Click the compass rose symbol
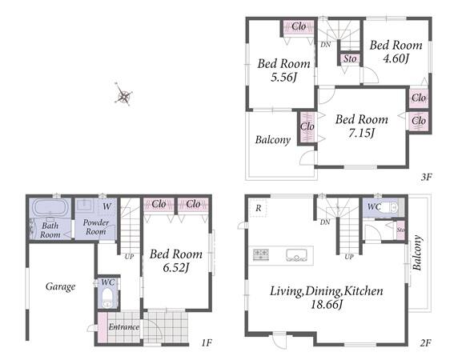click(123, 94)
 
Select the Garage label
click(61, 286)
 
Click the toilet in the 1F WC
click(107, 298)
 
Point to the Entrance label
click(124, 326)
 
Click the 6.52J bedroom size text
click(176, 268)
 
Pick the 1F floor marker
click(207, 342)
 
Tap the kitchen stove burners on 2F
click(261, 254)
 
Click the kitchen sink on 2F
click(296, 254)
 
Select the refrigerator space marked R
click(258, 208)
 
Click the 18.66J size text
click(326, 305)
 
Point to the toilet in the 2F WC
click(390, 207)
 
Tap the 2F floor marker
click(426, 342)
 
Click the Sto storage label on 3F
click(350, 59)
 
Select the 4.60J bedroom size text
click(396, 58)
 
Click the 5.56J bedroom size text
click(283, 78)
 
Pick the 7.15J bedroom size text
click(362, 133)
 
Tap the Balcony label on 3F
click(273, 140)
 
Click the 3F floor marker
click(427, 177)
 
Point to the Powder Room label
click(96, 227)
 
